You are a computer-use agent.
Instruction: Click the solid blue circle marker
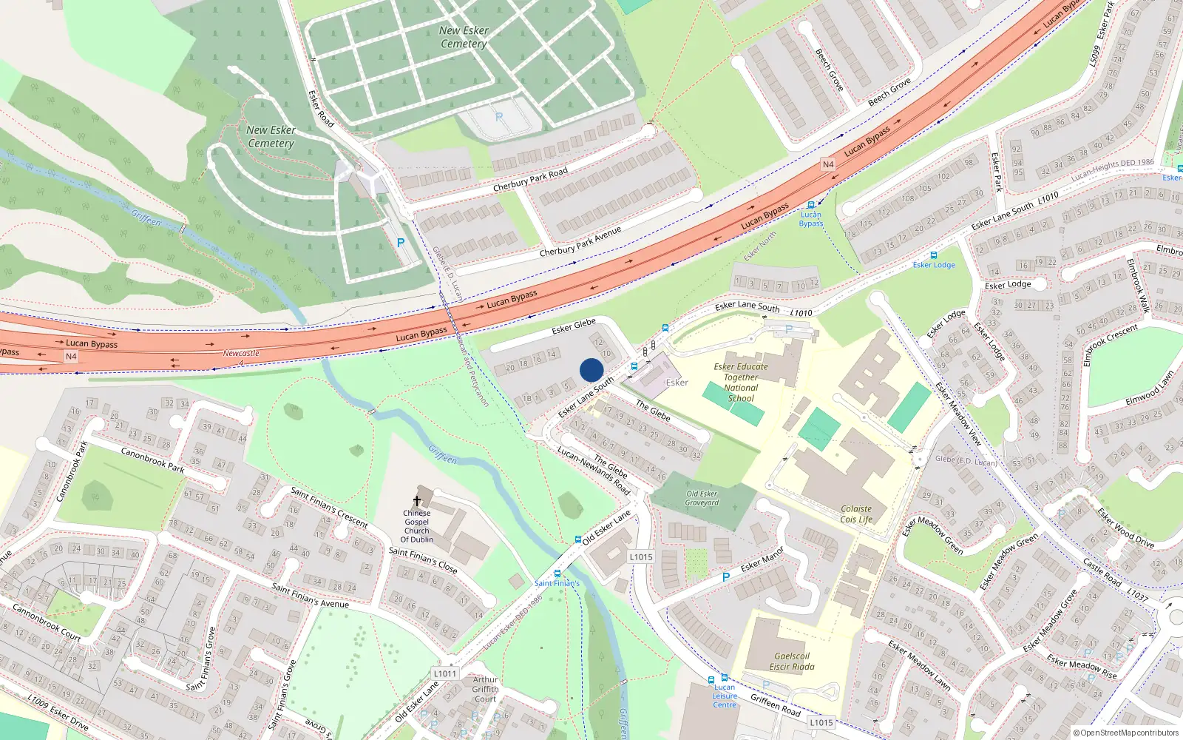[591, 370]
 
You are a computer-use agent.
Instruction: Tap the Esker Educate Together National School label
[741, 382]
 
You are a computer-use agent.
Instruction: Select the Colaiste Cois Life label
[856, 514]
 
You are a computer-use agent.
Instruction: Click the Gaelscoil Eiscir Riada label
[792, 661]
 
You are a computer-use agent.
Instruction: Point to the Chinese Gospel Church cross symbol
[417, 501]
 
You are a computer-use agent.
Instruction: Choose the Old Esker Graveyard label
[702, 498]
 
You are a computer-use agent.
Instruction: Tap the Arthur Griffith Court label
[486, 689]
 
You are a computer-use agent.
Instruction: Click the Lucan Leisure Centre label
[725, 696]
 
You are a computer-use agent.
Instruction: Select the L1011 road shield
[445, 673]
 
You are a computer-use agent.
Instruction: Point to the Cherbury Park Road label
[530, 179]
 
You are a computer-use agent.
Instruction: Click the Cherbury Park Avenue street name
[580, 242]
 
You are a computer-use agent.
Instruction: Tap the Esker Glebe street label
[574, 326]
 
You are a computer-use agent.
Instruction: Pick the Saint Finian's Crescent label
[329, 507]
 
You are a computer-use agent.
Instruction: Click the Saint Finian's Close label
[423, 560]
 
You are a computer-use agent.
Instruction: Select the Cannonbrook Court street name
[47, 622]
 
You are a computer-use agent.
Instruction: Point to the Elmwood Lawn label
[1149, 388]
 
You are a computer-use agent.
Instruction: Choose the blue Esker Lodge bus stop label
[934, 265]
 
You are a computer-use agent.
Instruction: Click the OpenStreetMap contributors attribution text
[1126, 733]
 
